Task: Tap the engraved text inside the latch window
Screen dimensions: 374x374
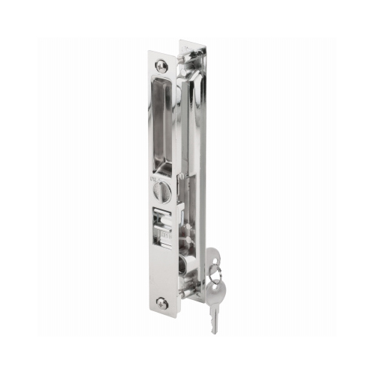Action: pyautogui.click(x=166, y=238)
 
